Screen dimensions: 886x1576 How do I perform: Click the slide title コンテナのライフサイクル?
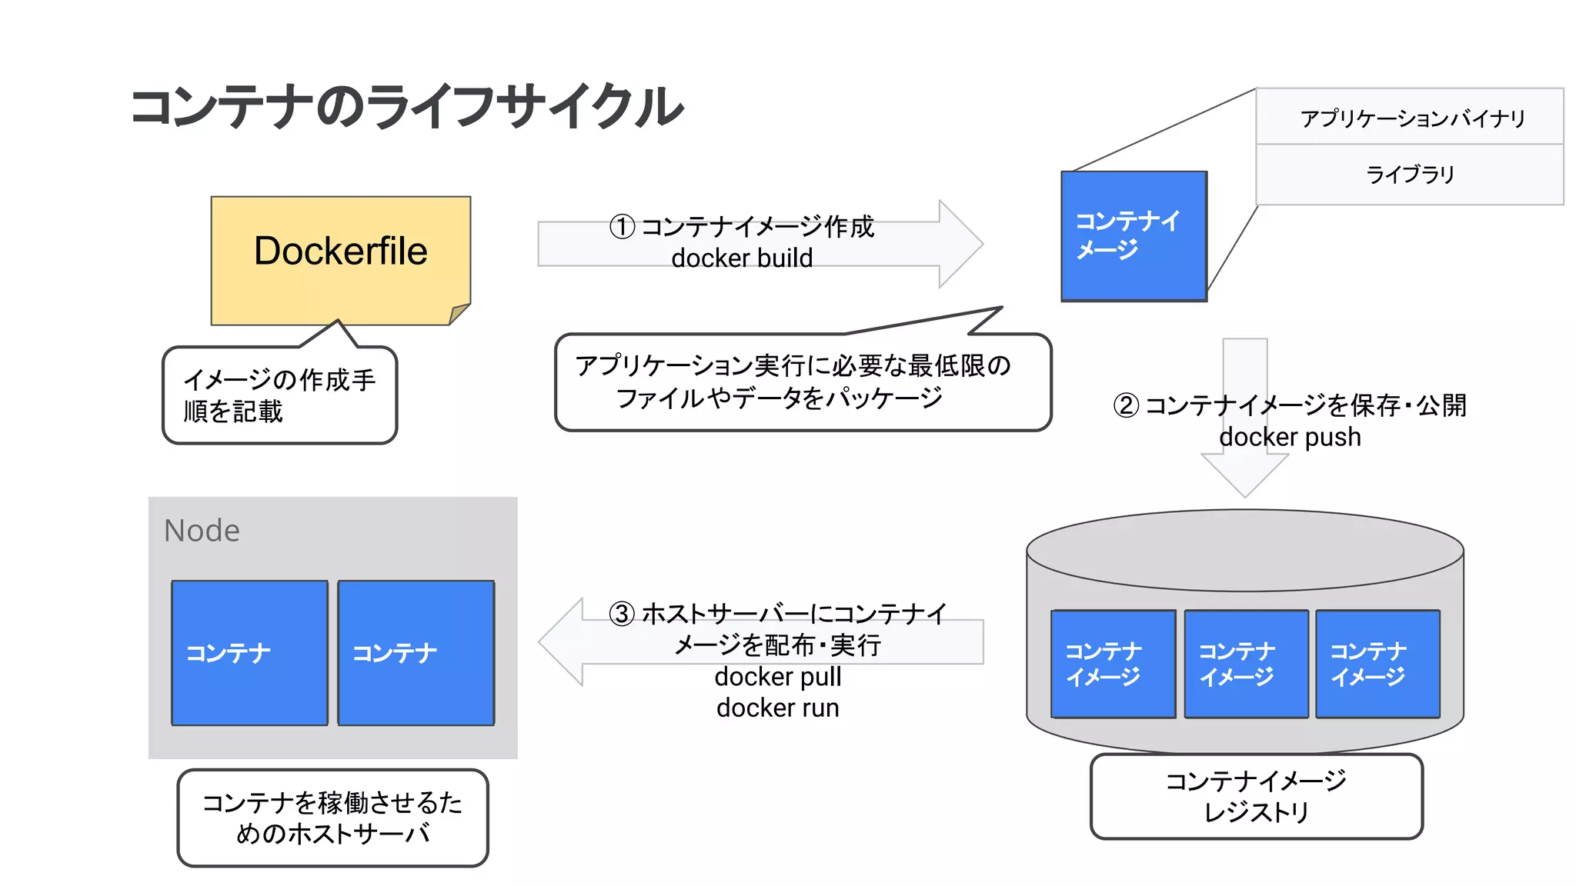click(406, 106)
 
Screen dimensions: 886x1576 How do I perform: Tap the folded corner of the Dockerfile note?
click(459, 314)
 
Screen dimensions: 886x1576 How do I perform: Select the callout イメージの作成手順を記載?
click(279, 395)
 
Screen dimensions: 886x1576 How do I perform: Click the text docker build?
click(741, 258)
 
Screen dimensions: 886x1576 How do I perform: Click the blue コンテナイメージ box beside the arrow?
click(1134, 236)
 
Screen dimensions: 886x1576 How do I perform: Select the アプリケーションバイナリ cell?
click(1410, 118)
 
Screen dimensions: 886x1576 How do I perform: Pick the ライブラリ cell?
click(1410, 175)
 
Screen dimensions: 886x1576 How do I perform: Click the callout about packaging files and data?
click(802, 382)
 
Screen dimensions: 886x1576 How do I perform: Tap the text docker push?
click(1290, 437)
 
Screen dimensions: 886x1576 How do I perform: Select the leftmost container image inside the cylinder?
click(1113, 664)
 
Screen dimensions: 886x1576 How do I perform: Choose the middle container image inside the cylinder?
click(1246, 664)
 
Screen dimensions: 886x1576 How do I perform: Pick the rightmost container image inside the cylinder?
click(1377, 664)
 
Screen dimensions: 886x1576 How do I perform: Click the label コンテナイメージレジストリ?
click(1256, 797)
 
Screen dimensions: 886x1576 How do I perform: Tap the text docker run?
click(777, 708)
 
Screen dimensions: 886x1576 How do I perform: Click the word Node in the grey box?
click(202, 531)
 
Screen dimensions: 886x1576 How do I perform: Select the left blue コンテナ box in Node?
click(249, 653)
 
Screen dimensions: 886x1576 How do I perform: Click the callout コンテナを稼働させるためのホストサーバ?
click(332, 818)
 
